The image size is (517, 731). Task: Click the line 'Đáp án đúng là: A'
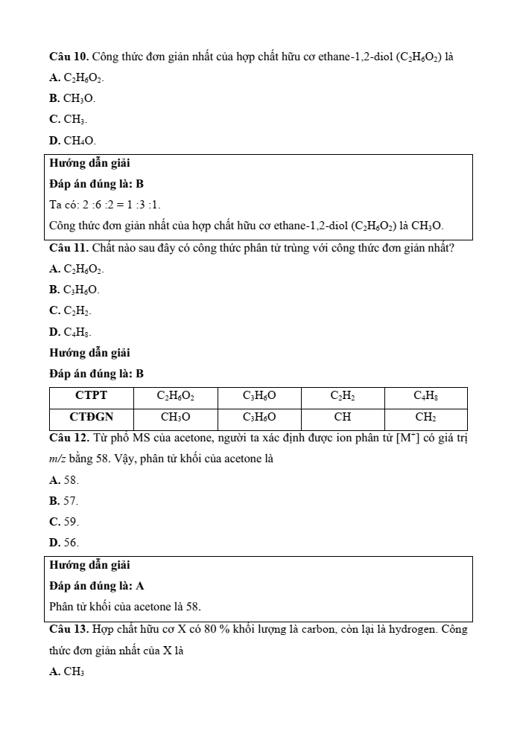[x=96, y=586]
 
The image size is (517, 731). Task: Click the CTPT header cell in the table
[x=92, y=395]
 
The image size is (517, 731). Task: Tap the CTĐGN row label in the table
[x=92, y=417]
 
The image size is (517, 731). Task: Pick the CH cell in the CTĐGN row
[x=343, y=417]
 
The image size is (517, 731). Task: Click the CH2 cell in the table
[x=425, y=417]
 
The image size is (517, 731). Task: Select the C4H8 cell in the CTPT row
[x=425, y=395]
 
